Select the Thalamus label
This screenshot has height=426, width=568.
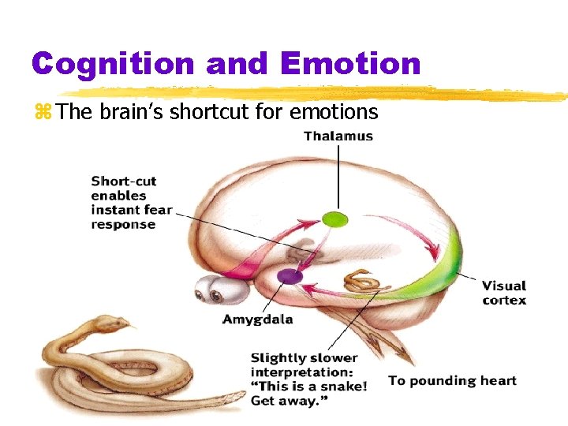click(x=338, y=136)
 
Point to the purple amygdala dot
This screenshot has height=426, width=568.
click(x=290, y=275)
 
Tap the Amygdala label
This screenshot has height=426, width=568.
click(x=257, y=319)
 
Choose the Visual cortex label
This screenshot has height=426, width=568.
click(x=503, y=293)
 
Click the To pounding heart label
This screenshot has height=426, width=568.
click(x=452, y=381)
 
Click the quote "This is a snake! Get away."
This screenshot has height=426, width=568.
click(x=308, y=393)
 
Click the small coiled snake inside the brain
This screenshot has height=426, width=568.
click(x=362, y=280)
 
